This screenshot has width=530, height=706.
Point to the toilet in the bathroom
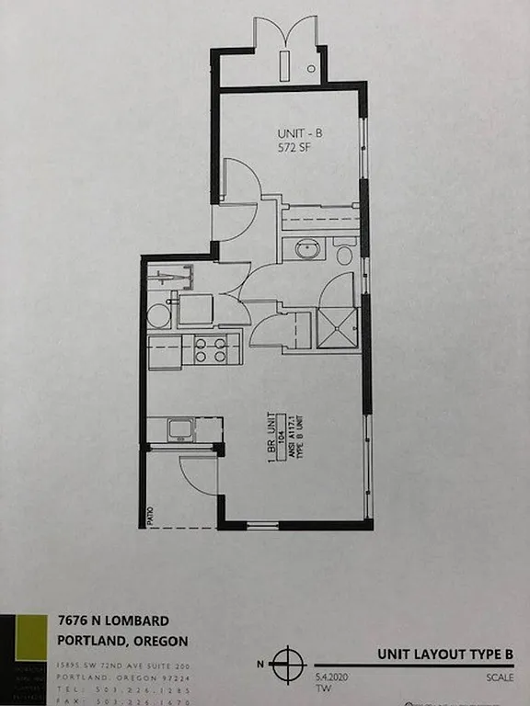tap(344, 252)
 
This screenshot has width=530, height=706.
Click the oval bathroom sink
tap(305, 249)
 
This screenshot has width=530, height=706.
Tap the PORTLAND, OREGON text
tap(122, 640)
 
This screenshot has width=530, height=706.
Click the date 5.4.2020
tap(331, 675)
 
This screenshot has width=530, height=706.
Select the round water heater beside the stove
tap(159, 316)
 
